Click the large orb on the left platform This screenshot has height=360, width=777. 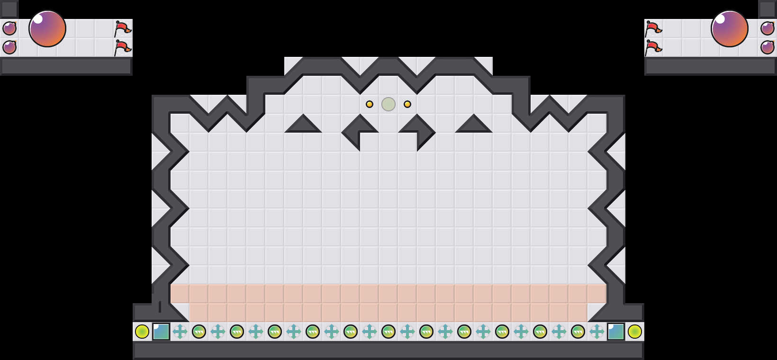(x=47, y=28)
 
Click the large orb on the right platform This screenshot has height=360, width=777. (x=730, y=28)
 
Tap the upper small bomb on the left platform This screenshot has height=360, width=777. (x=9, y=28)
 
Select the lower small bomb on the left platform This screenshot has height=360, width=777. (x=9, y=47)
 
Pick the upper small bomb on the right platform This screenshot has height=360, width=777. (x=768, y=28)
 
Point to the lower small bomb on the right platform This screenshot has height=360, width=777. (x=768, y=47)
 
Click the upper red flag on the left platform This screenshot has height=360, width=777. (x=123, y=29)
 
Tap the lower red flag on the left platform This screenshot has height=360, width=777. (x=123, y=48)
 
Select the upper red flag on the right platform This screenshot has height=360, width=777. (x=653, y=29)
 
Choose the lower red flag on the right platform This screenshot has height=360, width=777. (x=653, y=48)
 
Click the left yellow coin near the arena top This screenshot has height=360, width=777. (x=370, y=104)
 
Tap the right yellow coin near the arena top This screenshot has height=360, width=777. (x=407, y=104)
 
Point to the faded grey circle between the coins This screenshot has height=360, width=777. (x=388, y=104)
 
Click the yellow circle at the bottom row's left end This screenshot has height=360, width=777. (x=142, y=332)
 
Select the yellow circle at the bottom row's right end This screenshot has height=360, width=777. (x=635, y=332)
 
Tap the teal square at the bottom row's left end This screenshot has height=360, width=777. (x=161, y=332)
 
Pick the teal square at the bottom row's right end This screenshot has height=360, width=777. (x=616, y=332)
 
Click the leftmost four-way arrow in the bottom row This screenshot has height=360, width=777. (x=180, y=332)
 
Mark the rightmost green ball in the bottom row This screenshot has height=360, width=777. (x=578, y=332)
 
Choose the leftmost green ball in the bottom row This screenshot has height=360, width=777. (x=199, y=332)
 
